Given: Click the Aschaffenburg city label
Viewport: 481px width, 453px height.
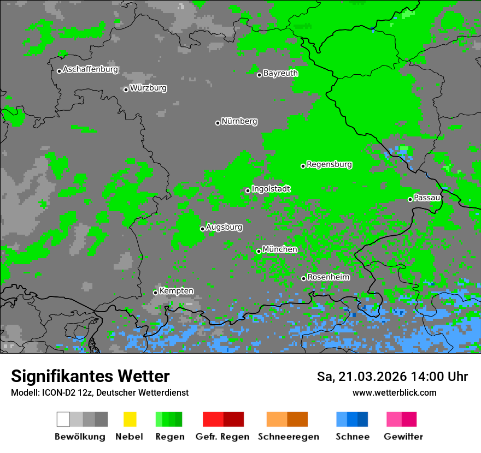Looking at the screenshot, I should click(x=90, y=69).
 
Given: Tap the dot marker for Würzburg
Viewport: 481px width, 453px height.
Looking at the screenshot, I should click(x=126, y=90).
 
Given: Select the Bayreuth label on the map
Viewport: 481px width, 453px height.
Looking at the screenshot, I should click(x=280, y=73).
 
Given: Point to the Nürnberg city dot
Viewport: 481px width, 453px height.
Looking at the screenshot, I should click(x=218, y=123).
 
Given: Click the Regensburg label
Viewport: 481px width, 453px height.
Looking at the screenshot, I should click(x=329, y=164).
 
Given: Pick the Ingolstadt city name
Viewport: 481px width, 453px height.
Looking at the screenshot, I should click(x=271, y=189).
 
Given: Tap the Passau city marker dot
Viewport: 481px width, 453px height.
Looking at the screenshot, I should click(x=410, y=199).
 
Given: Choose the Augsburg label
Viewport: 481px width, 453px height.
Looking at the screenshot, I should click(x=224, y=227).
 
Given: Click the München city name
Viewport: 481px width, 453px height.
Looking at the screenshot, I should click(x=280, y=249).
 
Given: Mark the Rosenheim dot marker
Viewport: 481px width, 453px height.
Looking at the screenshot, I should click(x=303, y=278).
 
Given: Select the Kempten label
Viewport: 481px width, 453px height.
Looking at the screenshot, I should click(x=176, y=291).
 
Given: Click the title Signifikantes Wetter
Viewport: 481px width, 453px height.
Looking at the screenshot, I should click(x=90, y=376).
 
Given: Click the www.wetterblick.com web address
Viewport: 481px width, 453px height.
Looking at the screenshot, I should click(x=394, y=392).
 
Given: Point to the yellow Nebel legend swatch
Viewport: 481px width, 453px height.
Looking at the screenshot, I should click(x=130, y=419).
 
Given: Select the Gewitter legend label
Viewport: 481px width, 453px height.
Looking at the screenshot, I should click(x=403, y=437).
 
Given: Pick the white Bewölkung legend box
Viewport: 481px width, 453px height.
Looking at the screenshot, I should click(x=63, y=419).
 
